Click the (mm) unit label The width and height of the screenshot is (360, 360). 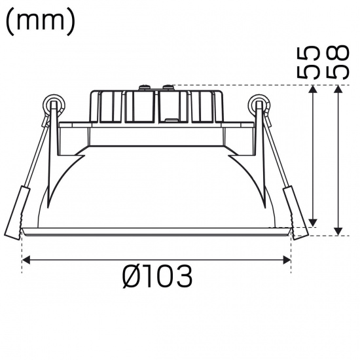(x=41, y=22)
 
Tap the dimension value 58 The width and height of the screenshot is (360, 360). (x=337, y=62)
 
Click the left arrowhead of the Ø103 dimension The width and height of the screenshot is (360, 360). (x=27, y=260)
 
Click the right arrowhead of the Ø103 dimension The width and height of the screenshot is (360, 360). (x=287, y=260)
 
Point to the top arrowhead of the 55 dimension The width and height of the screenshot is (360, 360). (x=314, y=90)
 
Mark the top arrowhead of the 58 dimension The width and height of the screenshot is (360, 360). (x=338, y=90)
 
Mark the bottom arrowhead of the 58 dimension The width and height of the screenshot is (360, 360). (x=338, y=230)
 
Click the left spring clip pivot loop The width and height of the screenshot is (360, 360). (x=54, y=103)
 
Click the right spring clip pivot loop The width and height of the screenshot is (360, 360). (x=259, y=103)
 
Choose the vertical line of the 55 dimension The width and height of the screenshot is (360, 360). (x=314, y=157)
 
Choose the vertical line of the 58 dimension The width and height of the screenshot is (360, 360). (x=338, y=160)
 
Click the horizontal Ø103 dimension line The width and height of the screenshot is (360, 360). (x=157, y=260)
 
